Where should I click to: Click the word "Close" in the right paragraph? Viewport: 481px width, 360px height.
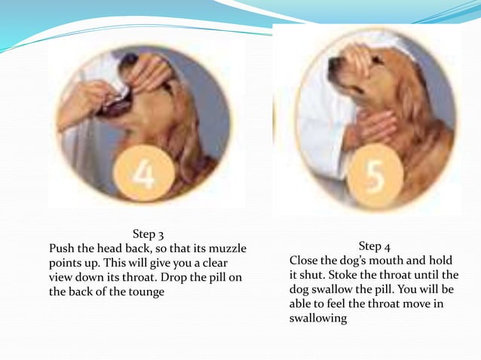pos(305,261)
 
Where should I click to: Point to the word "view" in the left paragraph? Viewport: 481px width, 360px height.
pos(63,277)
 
